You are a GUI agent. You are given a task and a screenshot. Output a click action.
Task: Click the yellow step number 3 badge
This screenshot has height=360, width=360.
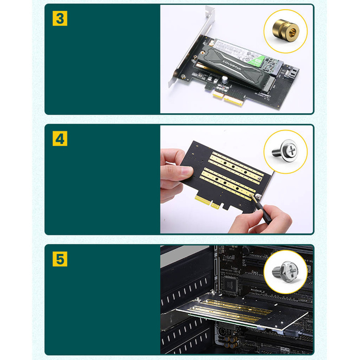click(x=60, y=19)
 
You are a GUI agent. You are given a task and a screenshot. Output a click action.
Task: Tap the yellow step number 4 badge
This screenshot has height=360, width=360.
click(x=60, y=138)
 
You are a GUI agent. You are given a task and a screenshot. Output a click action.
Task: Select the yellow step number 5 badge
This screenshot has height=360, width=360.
click(x=60, y=258)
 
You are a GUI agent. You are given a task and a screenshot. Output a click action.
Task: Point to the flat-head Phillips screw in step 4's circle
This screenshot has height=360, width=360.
click(x=285, y=150)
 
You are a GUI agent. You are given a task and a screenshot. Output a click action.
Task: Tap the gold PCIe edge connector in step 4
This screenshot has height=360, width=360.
click(x=208, y=201)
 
